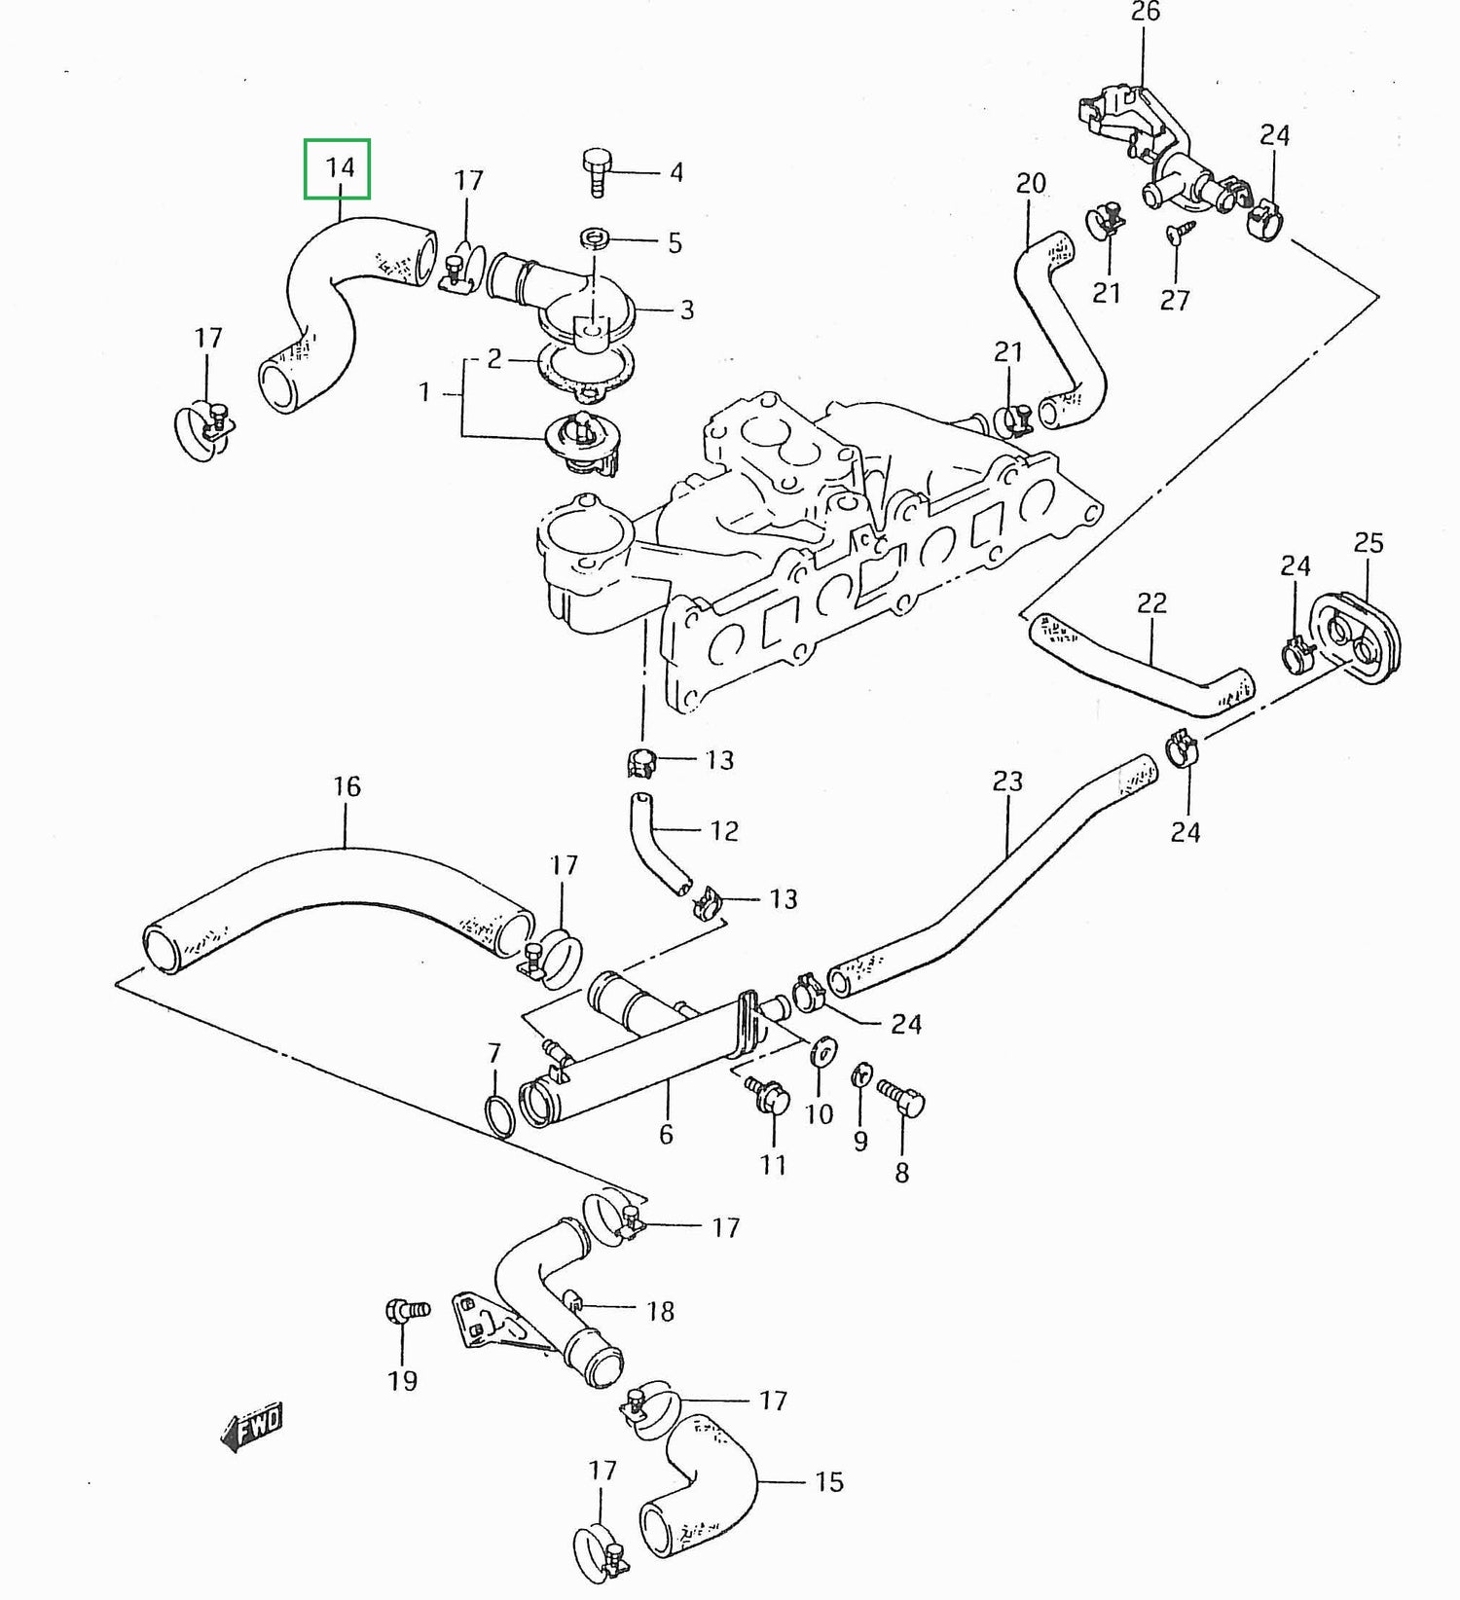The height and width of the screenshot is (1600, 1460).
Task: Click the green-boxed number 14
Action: pyautogui.click(x=338, y=168)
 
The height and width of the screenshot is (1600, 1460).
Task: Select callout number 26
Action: pyautogui.click(x=1146, y=12)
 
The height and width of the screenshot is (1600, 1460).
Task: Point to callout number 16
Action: pyautogui.click(x=347, y=786)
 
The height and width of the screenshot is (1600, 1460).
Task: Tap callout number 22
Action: pyautogui.click(x=1151, y=603)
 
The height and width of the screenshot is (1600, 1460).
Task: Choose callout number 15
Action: pyautogui.click(x=829, y=1481)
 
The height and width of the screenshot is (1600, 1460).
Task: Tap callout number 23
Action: pyautogui.click(x=1007, y=782)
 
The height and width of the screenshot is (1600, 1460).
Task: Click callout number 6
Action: pyautogui.click(x=666, y=1134)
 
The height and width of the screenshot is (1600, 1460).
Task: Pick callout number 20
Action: pyautogui.click(x=1031, y=183)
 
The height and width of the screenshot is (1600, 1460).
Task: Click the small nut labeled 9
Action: pyautogui.click(x=861, y=1076)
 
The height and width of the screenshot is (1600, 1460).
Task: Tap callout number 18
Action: pyautogui.click(x=660, y=1311)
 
